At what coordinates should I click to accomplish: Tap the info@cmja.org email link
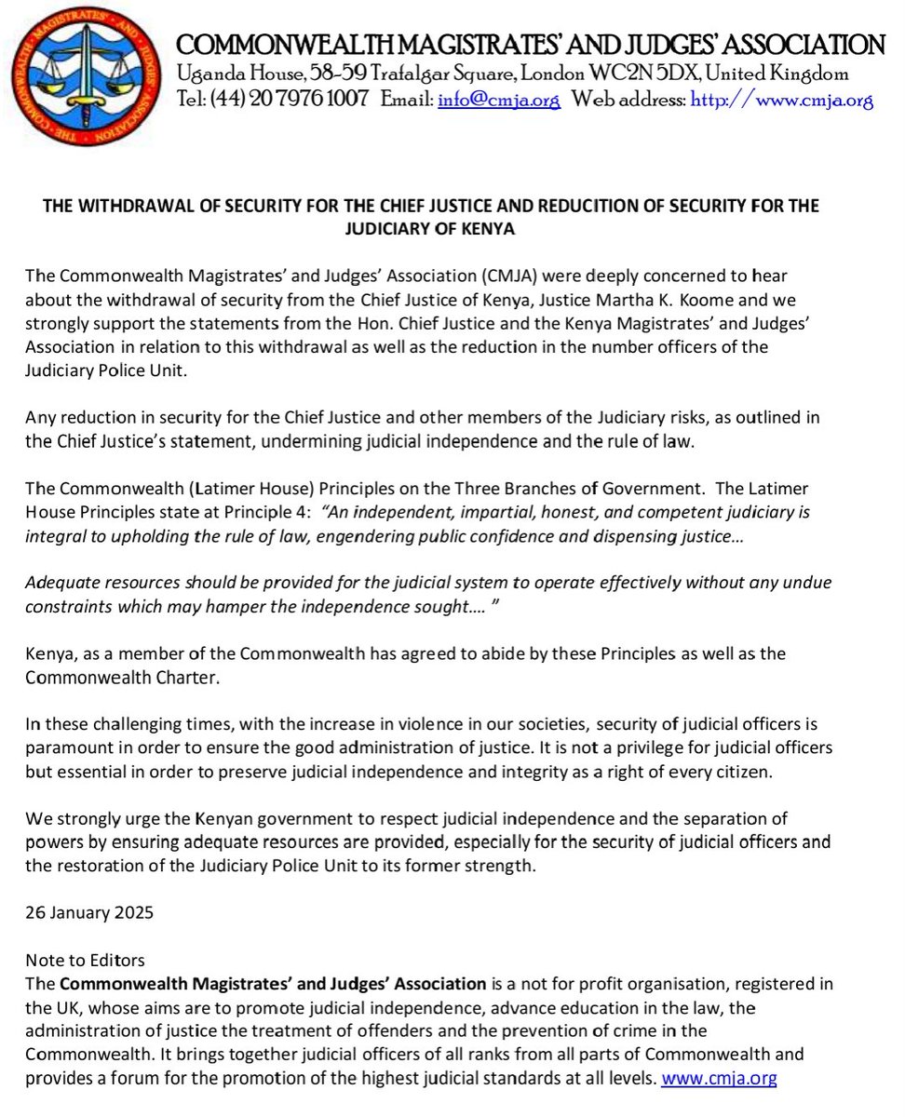click(x=498, y=101)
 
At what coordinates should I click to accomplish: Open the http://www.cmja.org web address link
click(x=781, y=101)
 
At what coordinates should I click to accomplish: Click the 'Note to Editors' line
click(x=86, y=961)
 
